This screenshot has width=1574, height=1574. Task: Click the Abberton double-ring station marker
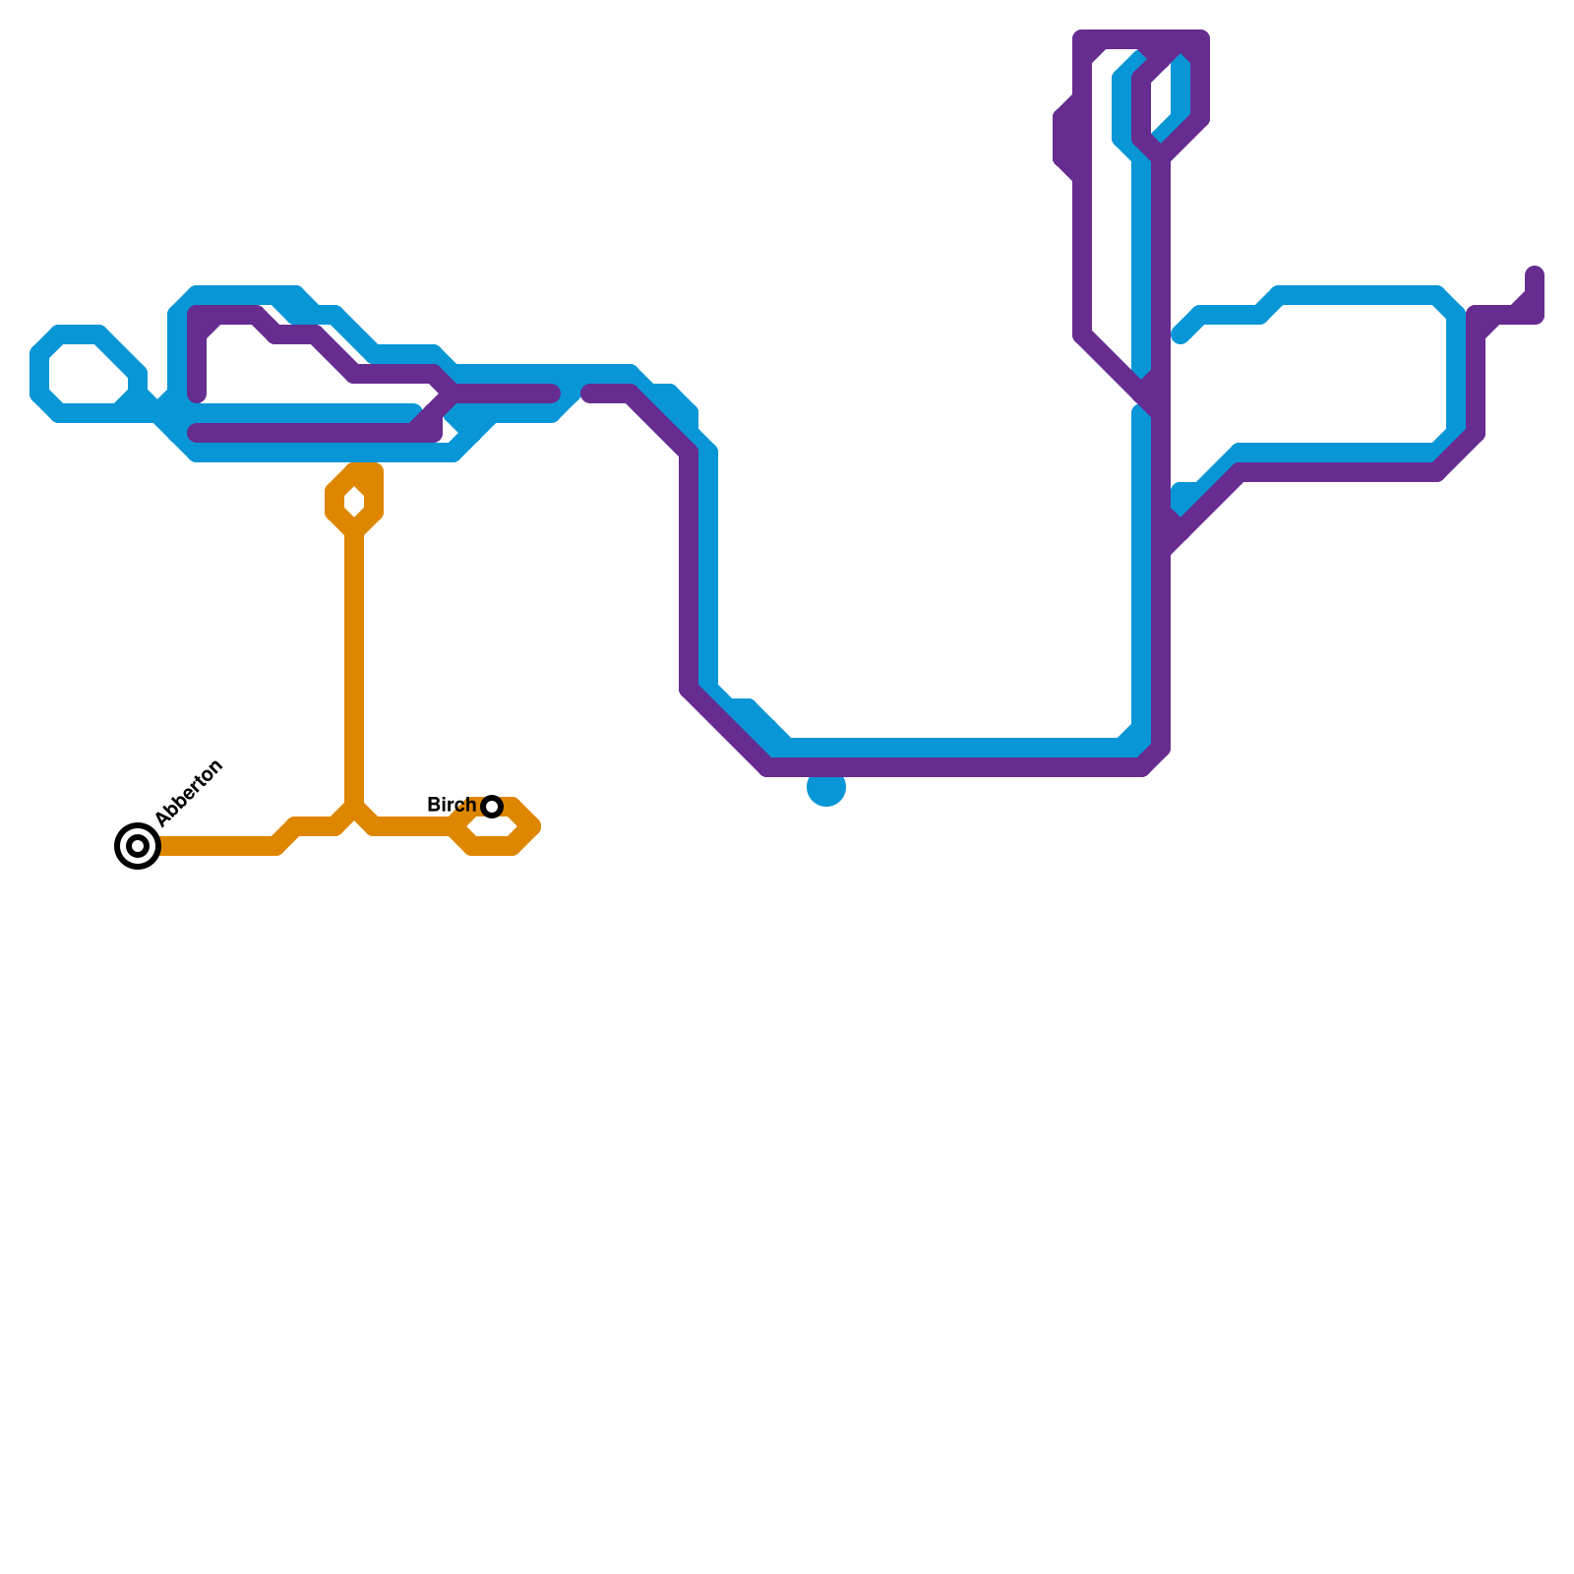click(x=138, y=846)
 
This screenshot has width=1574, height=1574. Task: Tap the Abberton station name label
click(x=190, y=793)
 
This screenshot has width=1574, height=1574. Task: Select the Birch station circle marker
click(x=492, y=807)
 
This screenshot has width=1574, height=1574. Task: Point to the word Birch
click(x=451, y=806)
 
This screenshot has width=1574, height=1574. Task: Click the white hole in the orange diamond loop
click(x=354, y=503)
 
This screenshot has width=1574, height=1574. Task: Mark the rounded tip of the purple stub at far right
click(x=1535, y=274)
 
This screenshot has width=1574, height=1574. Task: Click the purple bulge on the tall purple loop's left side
click(x=1066, y=138)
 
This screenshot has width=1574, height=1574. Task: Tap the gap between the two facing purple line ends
click(x=572, y=394)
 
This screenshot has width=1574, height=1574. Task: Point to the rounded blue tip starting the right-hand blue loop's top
click(x=1181, y=335)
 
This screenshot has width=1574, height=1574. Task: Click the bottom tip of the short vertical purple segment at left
click(x=197, y=395)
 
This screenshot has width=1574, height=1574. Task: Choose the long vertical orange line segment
click(x=354, y=669)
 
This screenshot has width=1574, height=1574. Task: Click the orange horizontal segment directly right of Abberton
click(x=216, y=846)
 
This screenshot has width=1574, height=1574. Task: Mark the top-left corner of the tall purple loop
click(x=1083, y=40)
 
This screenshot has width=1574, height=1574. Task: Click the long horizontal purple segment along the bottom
click(x=954, y=767)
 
